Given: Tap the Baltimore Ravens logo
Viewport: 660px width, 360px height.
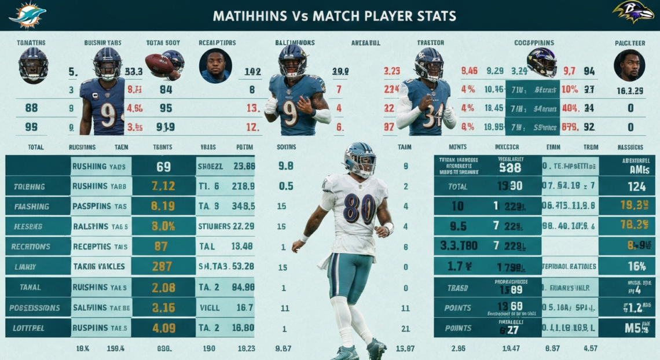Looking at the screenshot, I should [633, 12].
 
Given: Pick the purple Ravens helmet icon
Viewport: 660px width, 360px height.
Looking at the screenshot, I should [541, 62].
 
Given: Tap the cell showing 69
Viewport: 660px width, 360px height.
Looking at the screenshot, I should [163, 166].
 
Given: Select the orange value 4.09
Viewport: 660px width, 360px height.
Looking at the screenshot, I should [163, 327].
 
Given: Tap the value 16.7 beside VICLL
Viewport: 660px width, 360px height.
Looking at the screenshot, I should [245, 307].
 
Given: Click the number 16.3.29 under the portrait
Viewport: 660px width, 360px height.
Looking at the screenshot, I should [630, 90].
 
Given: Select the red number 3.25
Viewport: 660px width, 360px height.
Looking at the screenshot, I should [392, 72].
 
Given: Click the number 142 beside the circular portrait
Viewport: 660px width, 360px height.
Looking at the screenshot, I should [252, 72].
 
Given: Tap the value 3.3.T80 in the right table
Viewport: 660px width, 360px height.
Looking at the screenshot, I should [459, 246].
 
